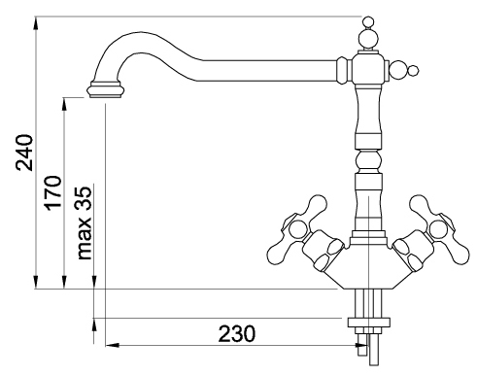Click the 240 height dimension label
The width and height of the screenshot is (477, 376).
click(x=25, y=153)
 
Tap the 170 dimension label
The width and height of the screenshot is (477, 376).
click(x=52, y=193)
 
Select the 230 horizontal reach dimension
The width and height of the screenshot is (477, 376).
click(x=237, y=333)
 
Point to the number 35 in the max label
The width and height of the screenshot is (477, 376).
click(x=85, y=198)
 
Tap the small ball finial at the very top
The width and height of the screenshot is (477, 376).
click(x=368, y=22)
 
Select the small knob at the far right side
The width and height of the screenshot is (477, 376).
click(x=413, y=71)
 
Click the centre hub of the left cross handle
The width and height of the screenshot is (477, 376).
click(x=296, y=229)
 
